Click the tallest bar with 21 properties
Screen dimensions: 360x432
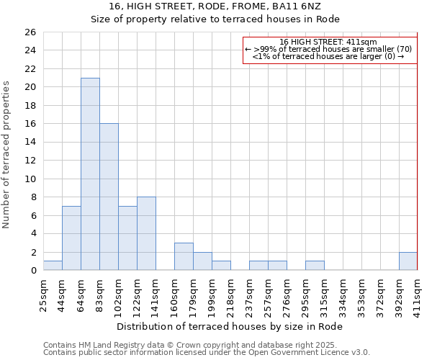pos(90,174)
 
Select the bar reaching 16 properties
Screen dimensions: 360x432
pos(109,197)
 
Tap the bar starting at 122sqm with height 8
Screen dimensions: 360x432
pos(146,233)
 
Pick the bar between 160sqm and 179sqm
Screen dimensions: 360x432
pos(184,256)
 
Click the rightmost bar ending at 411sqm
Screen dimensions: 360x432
pos(408,261)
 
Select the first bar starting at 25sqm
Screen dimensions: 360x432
pos(53,266)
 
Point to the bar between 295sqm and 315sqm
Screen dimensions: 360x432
pos(315,266)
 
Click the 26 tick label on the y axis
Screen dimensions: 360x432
pos(30,32)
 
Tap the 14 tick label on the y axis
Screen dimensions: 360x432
pos(30,143)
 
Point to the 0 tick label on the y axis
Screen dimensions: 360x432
pos(32,271)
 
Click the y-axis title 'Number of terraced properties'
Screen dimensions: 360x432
pos(7,155)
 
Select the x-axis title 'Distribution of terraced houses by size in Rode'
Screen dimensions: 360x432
pos(230,326)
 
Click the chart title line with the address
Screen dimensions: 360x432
pos(215,6)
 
